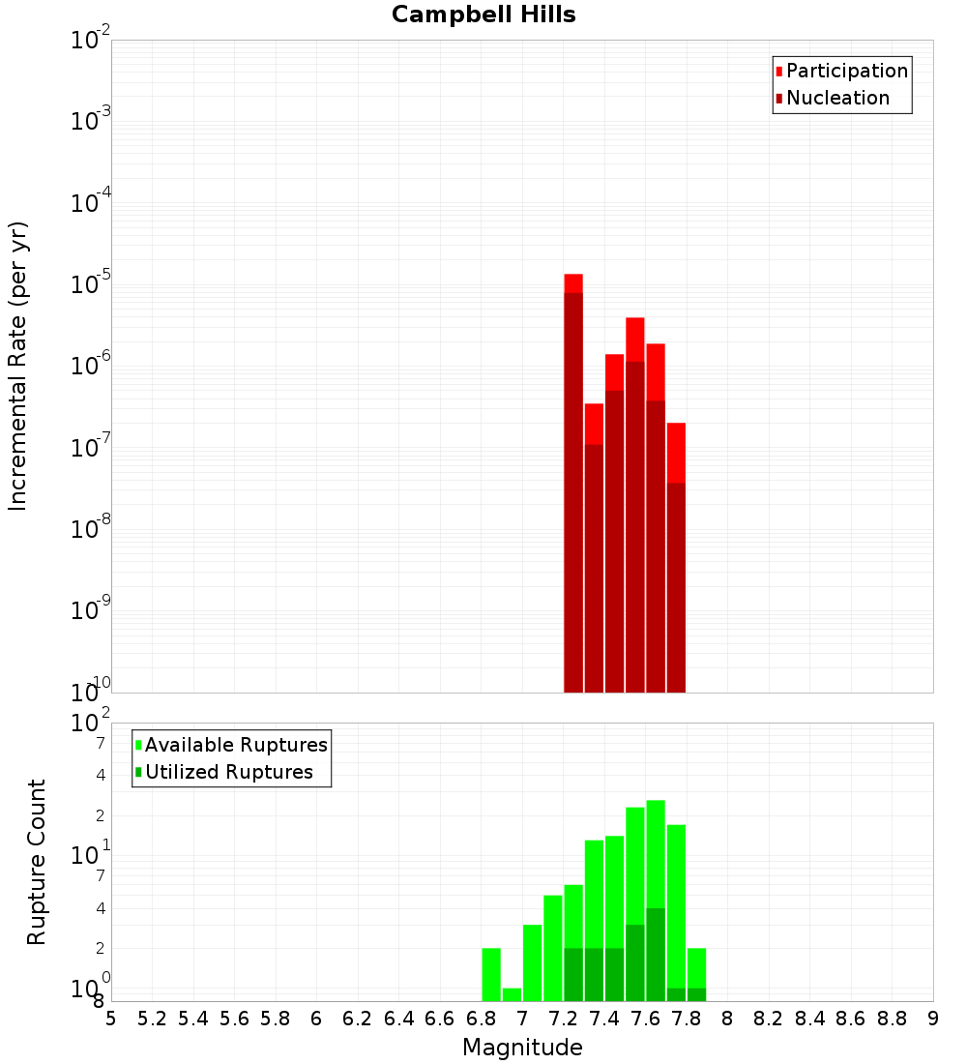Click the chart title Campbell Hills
tap(483, 15)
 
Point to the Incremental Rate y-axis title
tap(18, 366)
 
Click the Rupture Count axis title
tap(37, 862)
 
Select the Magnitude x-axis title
tap(522, 1048)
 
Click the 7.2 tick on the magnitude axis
tap(563, 1019)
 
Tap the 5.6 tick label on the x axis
tap(234, 1019)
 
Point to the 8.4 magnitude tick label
tap(810, 1019)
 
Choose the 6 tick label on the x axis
tap(316, 1019)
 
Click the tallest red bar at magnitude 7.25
tap(573, 484)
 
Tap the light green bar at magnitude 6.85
tap(491, 975)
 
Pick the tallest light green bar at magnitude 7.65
tap(656, 851)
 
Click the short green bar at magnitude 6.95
tap(512, 994)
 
